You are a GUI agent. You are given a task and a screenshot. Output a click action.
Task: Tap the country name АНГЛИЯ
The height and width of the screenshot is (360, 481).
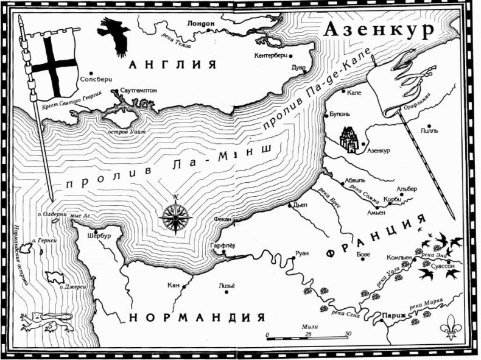[x=172, y=65]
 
